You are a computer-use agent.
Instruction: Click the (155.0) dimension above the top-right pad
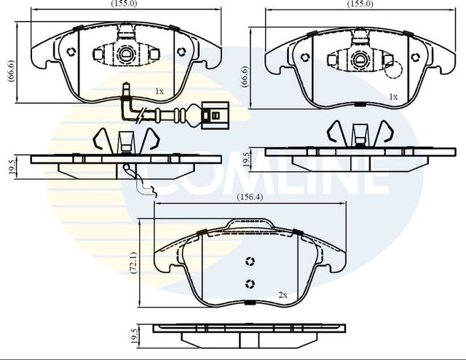click(x=360, y=4)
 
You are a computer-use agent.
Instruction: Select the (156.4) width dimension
click(x=250, y=197)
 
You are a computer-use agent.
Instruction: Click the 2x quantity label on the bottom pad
click(x=283, y=295)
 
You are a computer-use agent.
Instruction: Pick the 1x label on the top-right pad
click(x=393, y=96)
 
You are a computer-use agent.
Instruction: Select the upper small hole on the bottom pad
click(x=250, y=262)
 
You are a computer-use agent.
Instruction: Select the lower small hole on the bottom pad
click(x=250, y=284)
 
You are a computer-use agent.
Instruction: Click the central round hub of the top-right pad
click(x=360, y=58)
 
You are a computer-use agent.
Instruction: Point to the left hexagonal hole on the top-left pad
click(x=71, y=51)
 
